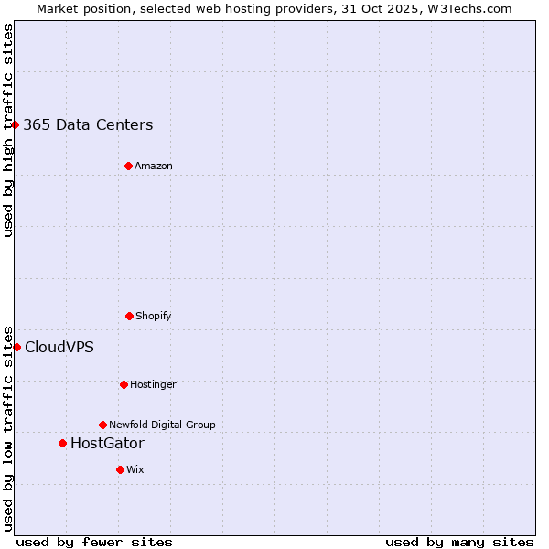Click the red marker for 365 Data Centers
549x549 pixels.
[x=16, y=124]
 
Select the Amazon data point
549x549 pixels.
[x=128, y=166]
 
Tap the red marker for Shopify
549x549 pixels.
[x=129, y=316]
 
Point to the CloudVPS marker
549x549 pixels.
[x=16, y=347]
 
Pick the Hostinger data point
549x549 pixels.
[x=124, y=384]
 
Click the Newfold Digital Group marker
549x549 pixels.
[x=102, y=425]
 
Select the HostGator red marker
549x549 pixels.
[x=62, y=443]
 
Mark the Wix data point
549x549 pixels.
[x=120, y=469]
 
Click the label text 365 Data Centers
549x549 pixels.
[x=88, y=125]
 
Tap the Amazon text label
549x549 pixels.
[x=154, y=167]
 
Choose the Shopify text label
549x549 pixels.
[x=154, y=317]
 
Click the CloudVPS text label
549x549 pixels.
[x=59, y=348]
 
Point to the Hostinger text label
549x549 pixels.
[x=153, y=385]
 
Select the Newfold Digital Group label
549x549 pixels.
[x=163, y=425]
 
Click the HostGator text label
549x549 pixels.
[x=107, y=444]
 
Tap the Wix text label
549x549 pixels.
[x=135, y=470]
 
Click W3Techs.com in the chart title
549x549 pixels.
[x=468, y=8]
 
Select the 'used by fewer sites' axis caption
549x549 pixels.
[x=94, y=542]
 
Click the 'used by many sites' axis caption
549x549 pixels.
[x=459, y=542]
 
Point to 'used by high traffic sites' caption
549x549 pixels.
[x=8, y=130]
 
